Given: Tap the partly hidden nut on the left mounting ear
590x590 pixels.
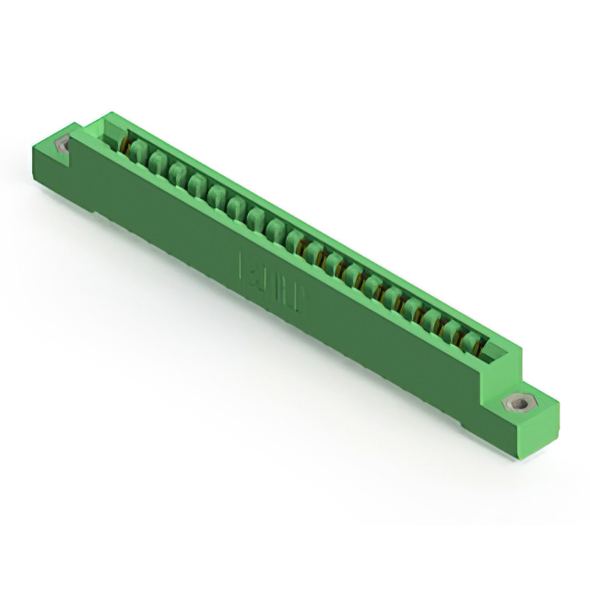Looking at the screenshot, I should [64, 145].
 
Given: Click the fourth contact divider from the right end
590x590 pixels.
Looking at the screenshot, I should [415, 306].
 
